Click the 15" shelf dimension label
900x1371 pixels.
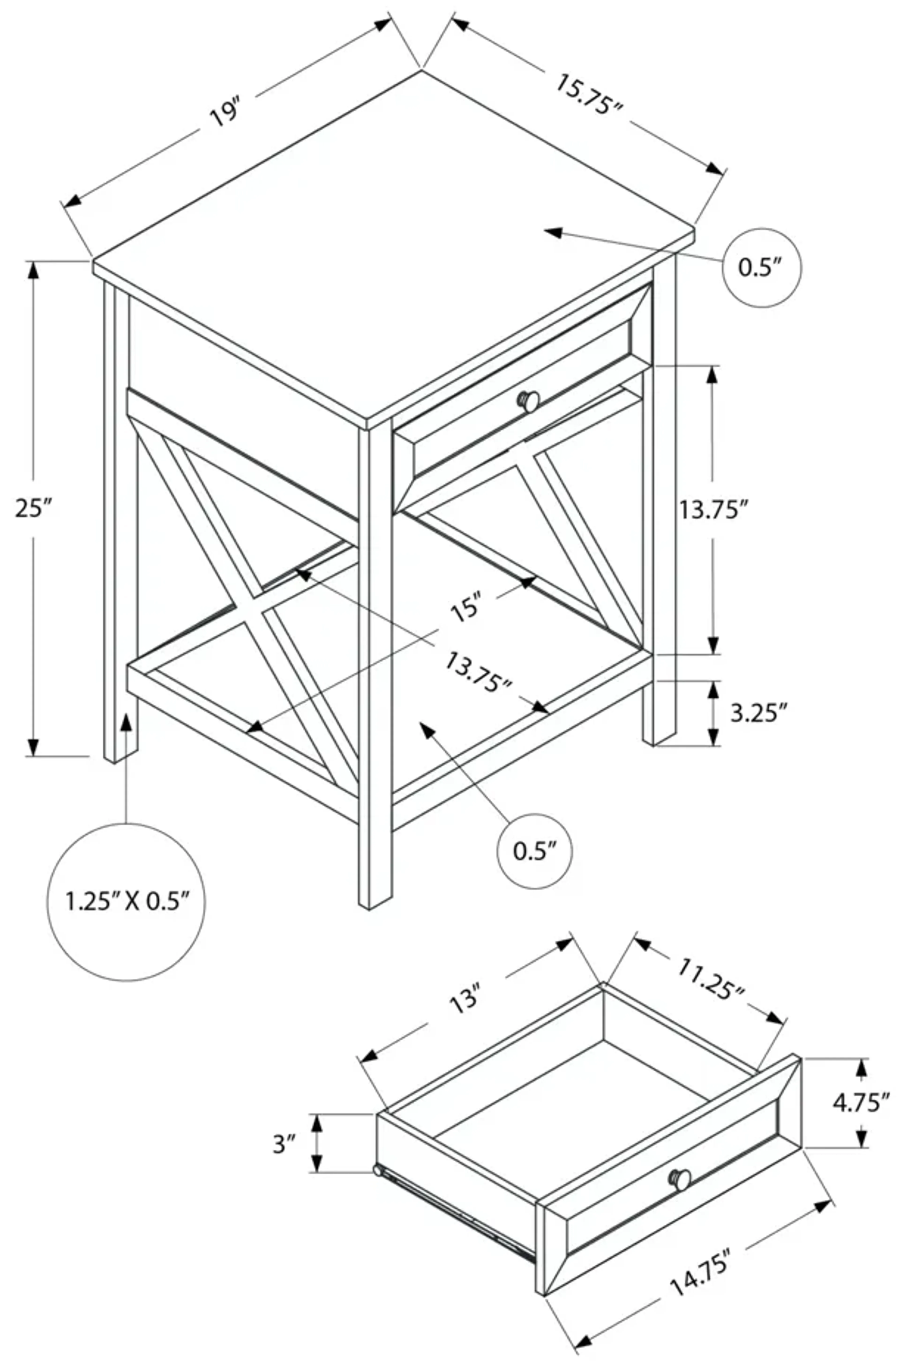point(465,609)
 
